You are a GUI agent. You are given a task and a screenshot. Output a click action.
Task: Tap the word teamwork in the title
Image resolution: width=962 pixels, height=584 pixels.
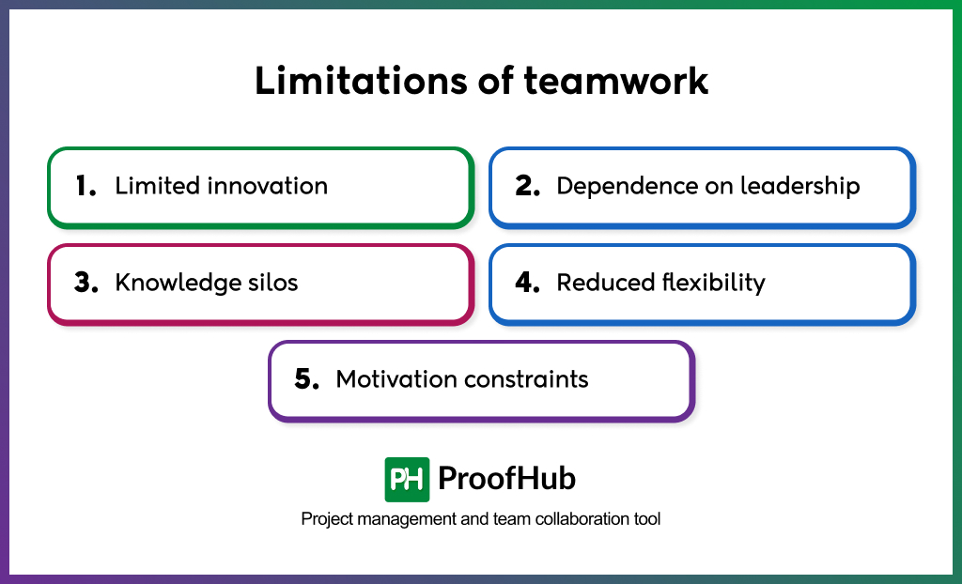[616, 81]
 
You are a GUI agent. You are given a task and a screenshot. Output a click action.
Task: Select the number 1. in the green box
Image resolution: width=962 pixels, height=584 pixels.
[85, 186]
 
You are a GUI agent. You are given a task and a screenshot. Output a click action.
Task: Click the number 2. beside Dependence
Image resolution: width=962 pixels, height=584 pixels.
[528, 186]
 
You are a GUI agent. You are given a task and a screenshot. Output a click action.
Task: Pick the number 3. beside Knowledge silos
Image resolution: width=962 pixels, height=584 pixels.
[86, 283]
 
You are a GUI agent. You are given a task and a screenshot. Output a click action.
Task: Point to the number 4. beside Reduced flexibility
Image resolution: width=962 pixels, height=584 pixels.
[528, 283]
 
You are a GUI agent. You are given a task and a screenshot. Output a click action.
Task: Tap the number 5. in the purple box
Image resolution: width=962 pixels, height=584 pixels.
[307, 379]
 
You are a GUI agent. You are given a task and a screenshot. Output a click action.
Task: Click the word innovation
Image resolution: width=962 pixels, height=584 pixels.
[267, 186]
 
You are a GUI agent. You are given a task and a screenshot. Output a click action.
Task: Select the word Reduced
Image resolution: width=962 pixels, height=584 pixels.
[606, 283]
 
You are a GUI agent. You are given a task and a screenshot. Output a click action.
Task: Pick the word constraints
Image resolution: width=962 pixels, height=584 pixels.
[526, 379]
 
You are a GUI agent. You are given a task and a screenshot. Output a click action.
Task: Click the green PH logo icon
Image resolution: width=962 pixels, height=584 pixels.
[407, 479]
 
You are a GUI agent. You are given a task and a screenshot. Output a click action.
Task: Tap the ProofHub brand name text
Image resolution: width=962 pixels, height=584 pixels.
[506, 479]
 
